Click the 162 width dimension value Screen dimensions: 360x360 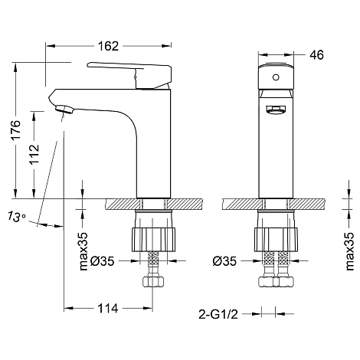pyautogui.click(x=108, y=46)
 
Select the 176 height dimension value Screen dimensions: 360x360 pyautogui.click(x=15, y=129)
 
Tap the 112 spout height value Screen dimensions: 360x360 pyautogui.click(x=34, y=154)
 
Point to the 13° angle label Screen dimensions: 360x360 pyautogui.click(x=16, y=217)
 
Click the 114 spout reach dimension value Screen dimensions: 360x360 pyautogui.click(x=108, y=309)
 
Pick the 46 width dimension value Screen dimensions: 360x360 pyautogui.click(x=316, y=55)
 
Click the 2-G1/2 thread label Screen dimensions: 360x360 pyautogui.click(x=218, y=314)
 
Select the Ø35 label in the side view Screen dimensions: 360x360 pyautogui.click(x=103, y=261)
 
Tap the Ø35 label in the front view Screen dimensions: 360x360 pyautogui.click(x=224, y=261)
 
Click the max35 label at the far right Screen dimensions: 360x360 pyautogui.click(x=349, y=251)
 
